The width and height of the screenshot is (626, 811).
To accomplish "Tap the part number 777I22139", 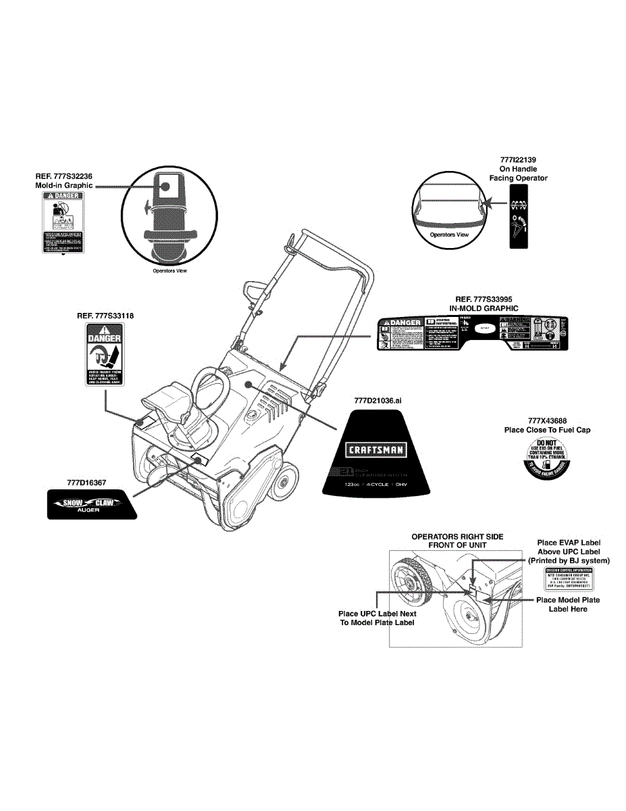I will coord(518,159).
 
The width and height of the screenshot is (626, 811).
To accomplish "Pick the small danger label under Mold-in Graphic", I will coord(63,224).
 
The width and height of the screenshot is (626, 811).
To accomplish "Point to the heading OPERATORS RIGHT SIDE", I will coord(457,537).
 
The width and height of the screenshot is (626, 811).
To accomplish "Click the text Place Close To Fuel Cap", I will coord(547,430).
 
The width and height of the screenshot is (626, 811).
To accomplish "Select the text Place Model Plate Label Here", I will coord(567,604).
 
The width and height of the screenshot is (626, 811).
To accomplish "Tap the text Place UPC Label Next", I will coord(377,614).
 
